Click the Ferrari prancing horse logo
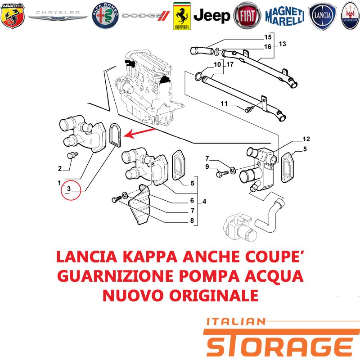pos(182,16)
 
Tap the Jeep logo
pos(211,16)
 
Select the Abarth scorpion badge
pos(13,15)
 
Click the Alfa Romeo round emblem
pos(105,16)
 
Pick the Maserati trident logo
pos(351,16)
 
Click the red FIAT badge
pos(247,16)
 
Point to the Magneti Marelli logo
pos(285,16)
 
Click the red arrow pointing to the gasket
pos(139,133)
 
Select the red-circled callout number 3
pos(69,189)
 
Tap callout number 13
pos(283,44)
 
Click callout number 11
pos(224,103)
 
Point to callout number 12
pos(306,139)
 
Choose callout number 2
pos(60,168)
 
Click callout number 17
pos(230,64)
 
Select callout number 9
pos(207,166)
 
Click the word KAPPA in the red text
pos(150,256)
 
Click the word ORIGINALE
pos(214,295)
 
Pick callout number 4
pos(204,202)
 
